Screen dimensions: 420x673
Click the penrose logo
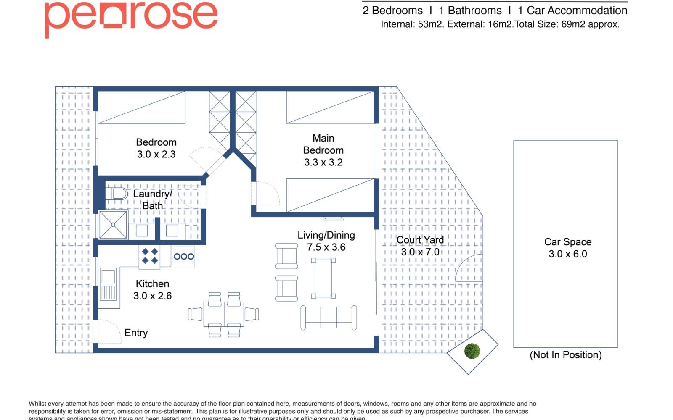pos(131,17)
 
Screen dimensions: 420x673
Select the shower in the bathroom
pos(113,225)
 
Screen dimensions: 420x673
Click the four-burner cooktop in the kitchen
pos(150,256)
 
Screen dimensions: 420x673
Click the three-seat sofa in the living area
pos(329,318)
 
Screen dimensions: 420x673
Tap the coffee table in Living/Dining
pos(323,278)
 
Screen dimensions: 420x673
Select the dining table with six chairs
pos(224,314)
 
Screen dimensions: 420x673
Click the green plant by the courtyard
pos(472,351)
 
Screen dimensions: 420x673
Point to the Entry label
pos(136,333)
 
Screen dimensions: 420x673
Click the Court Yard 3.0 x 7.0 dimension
pos(420,252)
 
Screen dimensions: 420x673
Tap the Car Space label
pos(567,242)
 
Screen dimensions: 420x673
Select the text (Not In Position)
pos(565,355)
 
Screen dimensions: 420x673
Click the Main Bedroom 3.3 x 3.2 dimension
pos(323,163)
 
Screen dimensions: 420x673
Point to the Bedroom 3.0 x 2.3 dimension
pos(156,155)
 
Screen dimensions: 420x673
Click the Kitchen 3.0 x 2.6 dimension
pos(152,296)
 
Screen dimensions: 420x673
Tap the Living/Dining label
pos(326,235)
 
